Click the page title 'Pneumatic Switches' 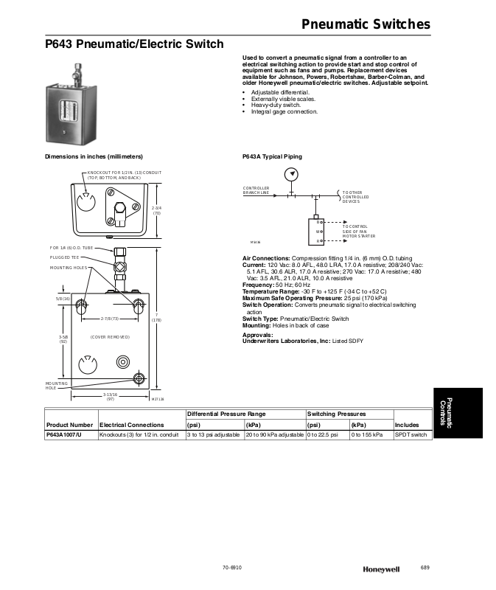tap(366, 24)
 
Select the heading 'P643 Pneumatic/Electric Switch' tap(134, 44)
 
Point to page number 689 tap(425, 566)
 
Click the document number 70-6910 tap(232, 566)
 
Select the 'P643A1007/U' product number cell tap(65, 435)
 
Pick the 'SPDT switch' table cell tap(411, 435)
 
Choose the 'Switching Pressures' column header tap(336, 414)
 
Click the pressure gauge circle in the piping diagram tap(293, 174)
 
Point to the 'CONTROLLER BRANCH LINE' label tap(256, 190)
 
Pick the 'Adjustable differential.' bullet tap(281, 92)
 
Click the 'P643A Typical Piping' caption tap(272, 157)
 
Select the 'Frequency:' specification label tap(258, 285)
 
